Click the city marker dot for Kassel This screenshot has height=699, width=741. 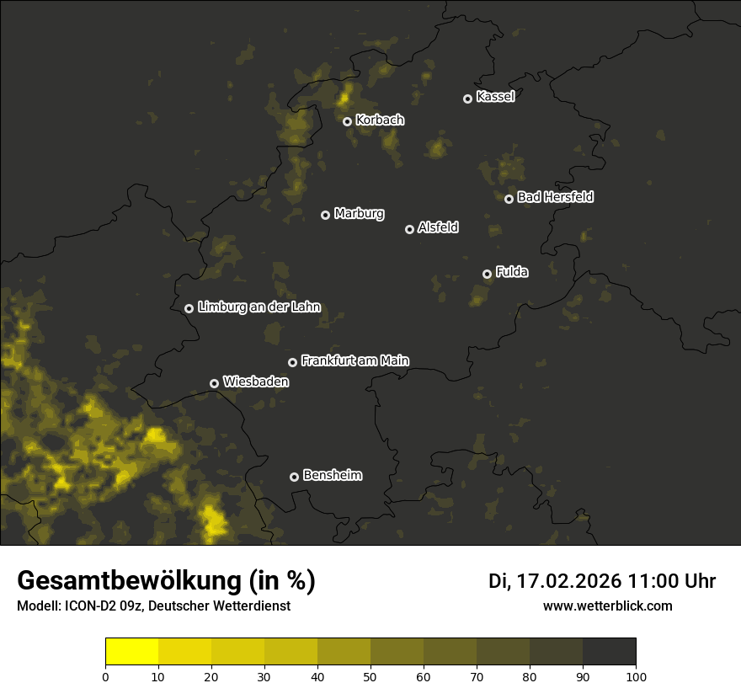click(x=467, y=99)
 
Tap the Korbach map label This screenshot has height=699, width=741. click(x=380, y=120)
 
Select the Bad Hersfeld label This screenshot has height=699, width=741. click(x=555, y=197)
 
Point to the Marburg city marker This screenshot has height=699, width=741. click(x=325, y=215)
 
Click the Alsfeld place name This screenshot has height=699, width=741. click(x=438, y=228)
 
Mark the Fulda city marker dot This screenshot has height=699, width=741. click(x=487, y=274)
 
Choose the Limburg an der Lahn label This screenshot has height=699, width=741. click(x=259, y=307)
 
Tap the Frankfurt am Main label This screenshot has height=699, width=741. click(x=355, y=360)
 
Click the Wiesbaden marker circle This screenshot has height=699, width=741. click(x=214, y=383)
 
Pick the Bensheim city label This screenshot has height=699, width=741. click(x=332, y=476)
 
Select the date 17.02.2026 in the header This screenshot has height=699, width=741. click(x=568, y=581)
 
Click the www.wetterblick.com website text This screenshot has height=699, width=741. click(x=607, y=606)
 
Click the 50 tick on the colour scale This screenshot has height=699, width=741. click(x=370, y=676)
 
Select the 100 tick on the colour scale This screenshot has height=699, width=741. click(x=636, y=676)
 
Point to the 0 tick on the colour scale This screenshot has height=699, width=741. click(x=105, y=676)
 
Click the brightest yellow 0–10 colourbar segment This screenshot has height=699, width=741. click(x=131, y=652)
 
